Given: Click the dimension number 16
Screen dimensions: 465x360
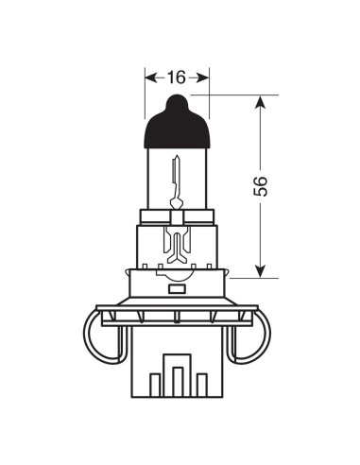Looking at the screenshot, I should click(x=177, y=77).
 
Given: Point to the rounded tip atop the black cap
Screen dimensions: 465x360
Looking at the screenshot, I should click(x=177, y=98).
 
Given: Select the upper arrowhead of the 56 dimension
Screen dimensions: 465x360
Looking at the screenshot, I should click(x=262, y=102).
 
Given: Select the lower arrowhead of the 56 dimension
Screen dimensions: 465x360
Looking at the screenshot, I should click(x=262, y=270).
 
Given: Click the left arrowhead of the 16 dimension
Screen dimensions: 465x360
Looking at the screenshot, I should click(x=149, y=77).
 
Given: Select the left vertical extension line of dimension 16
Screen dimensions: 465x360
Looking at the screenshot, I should click(x=145, y=95).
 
